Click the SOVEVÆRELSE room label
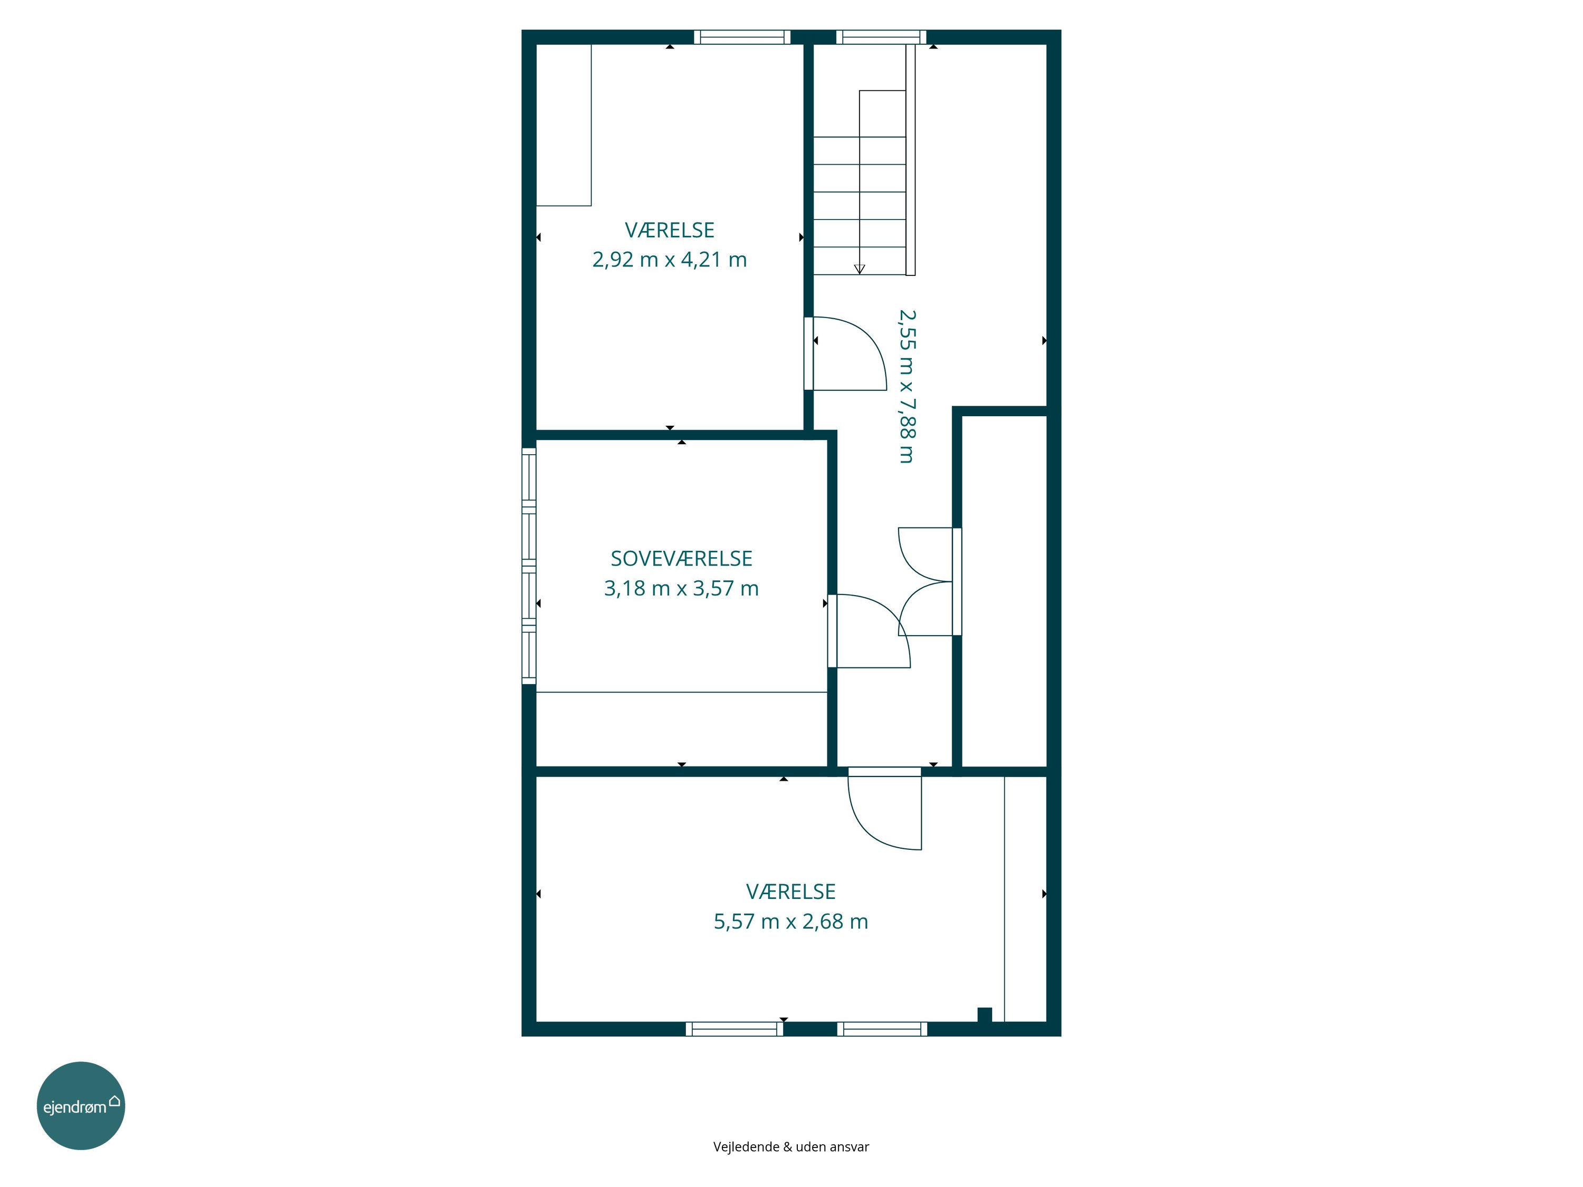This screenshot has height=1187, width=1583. pyautogui.click(x=681, y=558)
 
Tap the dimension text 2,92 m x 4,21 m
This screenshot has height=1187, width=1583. pyautogui.click(x=669, y=259)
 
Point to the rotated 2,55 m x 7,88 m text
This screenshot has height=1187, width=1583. pyautogui.click(x=907, y=386)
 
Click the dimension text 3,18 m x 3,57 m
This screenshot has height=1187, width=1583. pyautogui.click(x=681, y=588)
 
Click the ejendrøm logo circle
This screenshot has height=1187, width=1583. pyautogui.click(x=81, y=1105)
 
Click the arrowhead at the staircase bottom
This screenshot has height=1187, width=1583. pyautogui.click(x=860, y=269)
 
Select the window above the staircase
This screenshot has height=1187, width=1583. pyautogui.click(x=881, y=37)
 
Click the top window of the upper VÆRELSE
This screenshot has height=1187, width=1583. pyautogui.click(x=742, y=37)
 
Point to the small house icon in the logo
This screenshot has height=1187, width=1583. pyautogui.click(x=115, y=1100)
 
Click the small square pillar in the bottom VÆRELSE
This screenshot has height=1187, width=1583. pyautogui.click(x=985, y=1014)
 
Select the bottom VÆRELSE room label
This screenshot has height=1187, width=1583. pyautogui.click(x=791, y=892)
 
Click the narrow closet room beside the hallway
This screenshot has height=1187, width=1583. pyautogui.click(x=1005, y=591)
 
